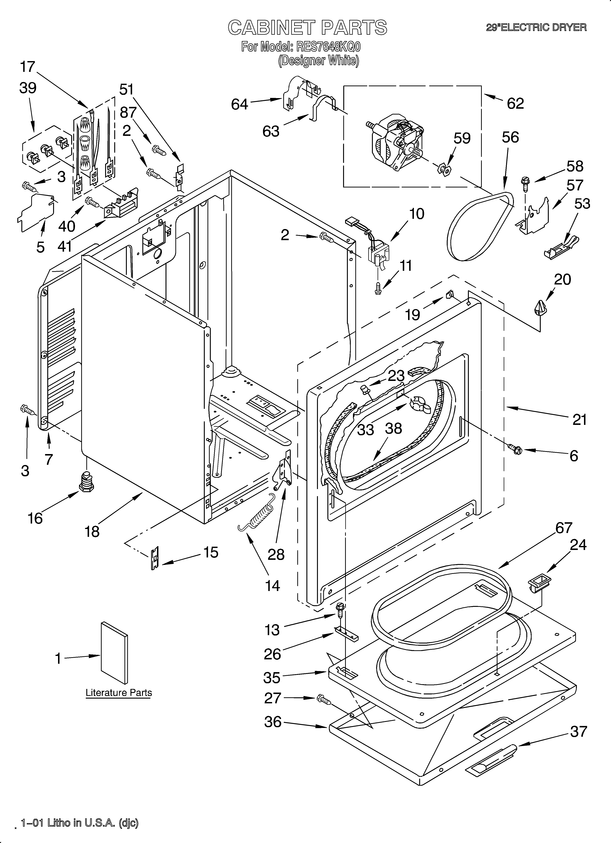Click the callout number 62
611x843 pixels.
[x=515, y=103]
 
